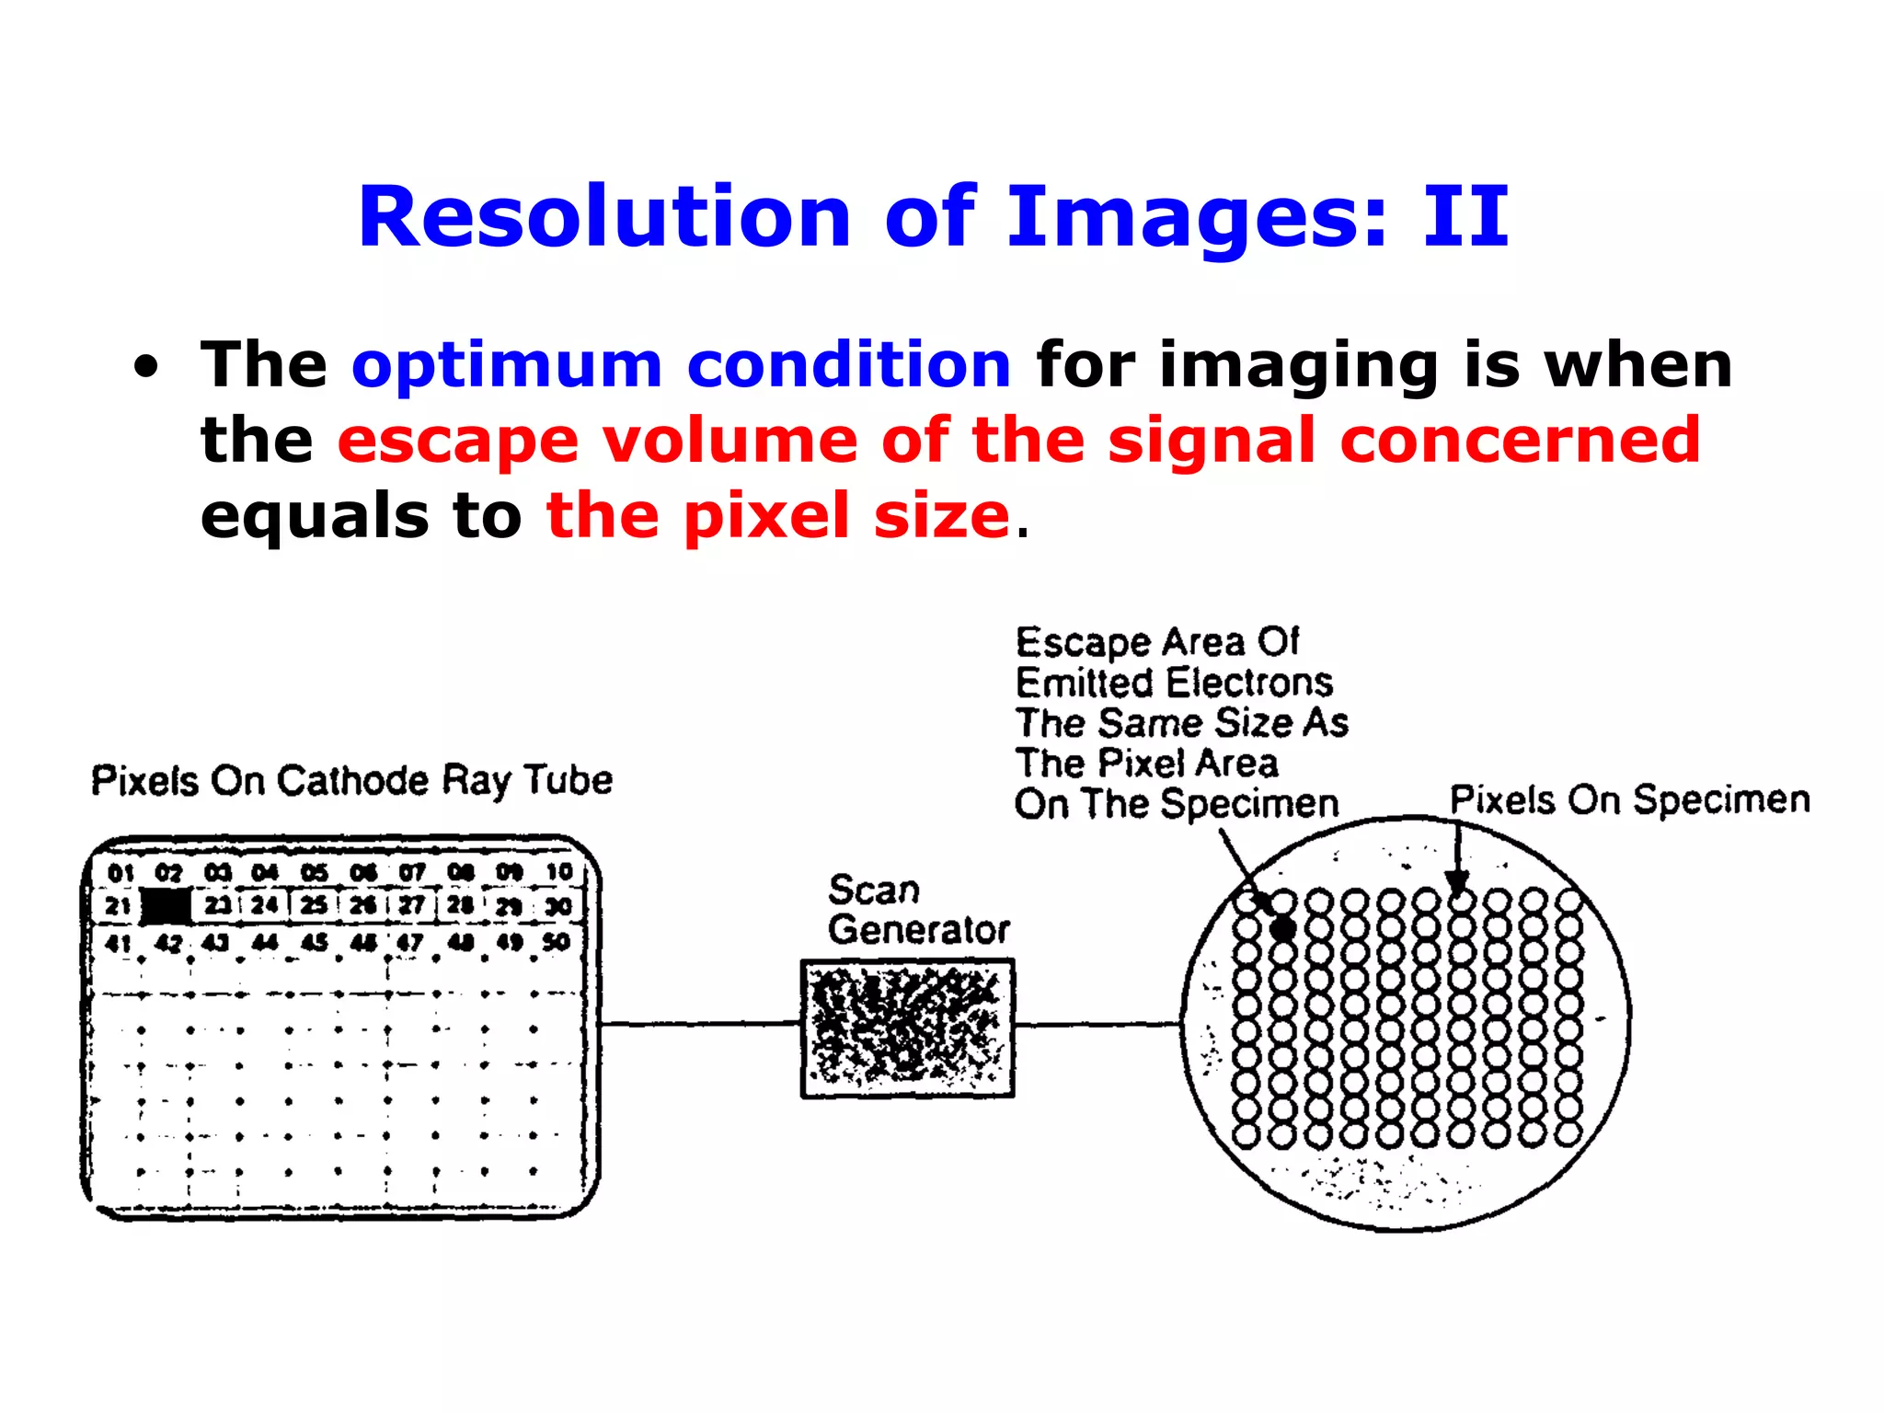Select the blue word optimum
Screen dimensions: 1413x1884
tap(507, 365)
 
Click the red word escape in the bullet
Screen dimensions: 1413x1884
tap(458, 441)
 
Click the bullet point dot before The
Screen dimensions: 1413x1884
tap(145, 367)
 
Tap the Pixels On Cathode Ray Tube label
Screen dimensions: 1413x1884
tap(351, 780)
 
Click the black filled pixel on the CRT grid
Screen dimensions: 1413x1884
tap(167, 906)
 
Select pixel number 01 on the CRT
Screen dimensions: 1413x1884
tap(121, 872)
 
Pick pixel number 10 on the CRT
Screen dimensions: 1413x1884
tap(558, 871)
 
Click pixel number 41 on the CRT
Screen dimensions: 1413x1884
tap(118, 943)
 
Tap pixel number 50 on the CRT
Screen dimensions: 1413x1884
tap(557, 942)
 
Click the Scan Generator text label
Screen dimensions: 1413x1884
tap(917, 911)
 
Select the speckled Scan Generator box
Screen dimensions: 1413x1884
tap(907, 1028)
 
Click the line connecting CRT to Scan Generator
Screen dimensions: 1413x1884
tap(699, 1023)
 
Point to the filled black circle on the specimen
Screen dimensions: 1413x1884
tap(1282, 928)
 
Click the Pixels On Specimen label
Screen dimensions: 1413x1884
tap(1629, 799)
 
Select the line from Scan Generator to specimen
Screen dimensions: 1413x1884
tap(1097, 1024)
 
